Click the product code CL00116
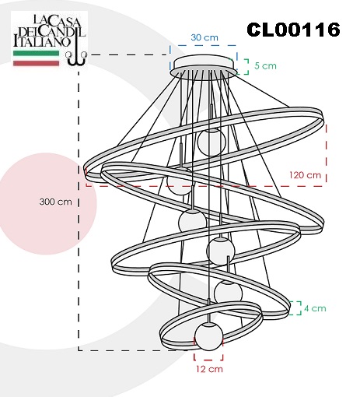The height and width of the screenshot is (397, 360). pos(293,30)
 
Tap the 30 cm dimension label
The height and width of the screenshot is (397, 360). pos(204,37)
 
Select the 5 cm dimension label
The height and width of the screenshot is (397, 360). pos(265,65)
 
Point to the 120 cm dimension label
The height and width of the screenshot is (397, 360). pos(305,175)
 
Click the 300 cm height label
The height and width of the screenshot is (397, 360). pos(55,202)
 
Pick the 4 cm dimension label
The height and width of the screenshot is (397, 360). pos(315,308)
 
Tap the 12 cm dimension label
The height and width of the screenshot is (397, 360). pos(209,369)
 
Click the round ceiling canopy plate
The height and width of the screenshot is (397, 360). pos(205,65)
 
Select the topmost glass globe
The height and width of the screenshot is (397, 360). pos(211,142)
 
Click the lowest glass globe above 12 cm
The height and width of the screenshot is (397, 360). pos(208,336)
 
